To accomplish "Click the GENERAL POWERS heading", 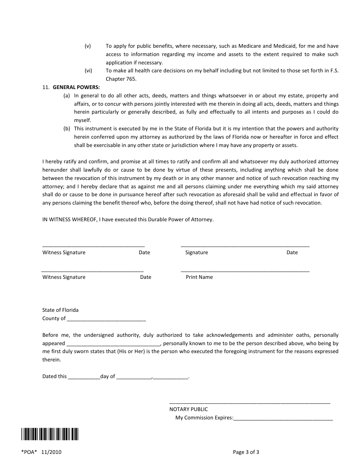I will (x=76, y=87).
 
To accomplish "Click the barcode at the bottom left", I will (x=50, y=434).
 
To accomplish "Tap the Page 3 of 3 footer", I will (x=246, y=452).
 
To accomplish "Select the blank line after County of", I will (x=106, y=319).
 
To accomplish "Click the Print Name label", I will (x=199, y=277).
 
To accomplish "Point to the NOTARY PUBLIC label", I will (x=188, y=409).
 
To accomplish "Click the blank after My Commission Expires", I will (x=283, y=418).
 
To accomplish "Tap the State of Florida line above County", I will (x=60, y=310).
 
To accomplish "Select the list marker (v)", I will (x=88, y=46).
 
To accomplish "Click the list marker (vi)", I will (x=88, y=71).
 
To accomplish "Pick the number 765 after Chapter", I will (x=131, y=79).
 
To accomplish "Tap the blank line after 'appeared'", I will (x=113, y=344).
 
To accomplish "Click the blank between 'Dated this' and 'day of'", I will (x=84, y=377).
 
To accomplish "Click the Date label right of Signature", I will (x=292, y=253).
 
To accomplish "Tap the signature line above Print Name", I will (x=245, y=271).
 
